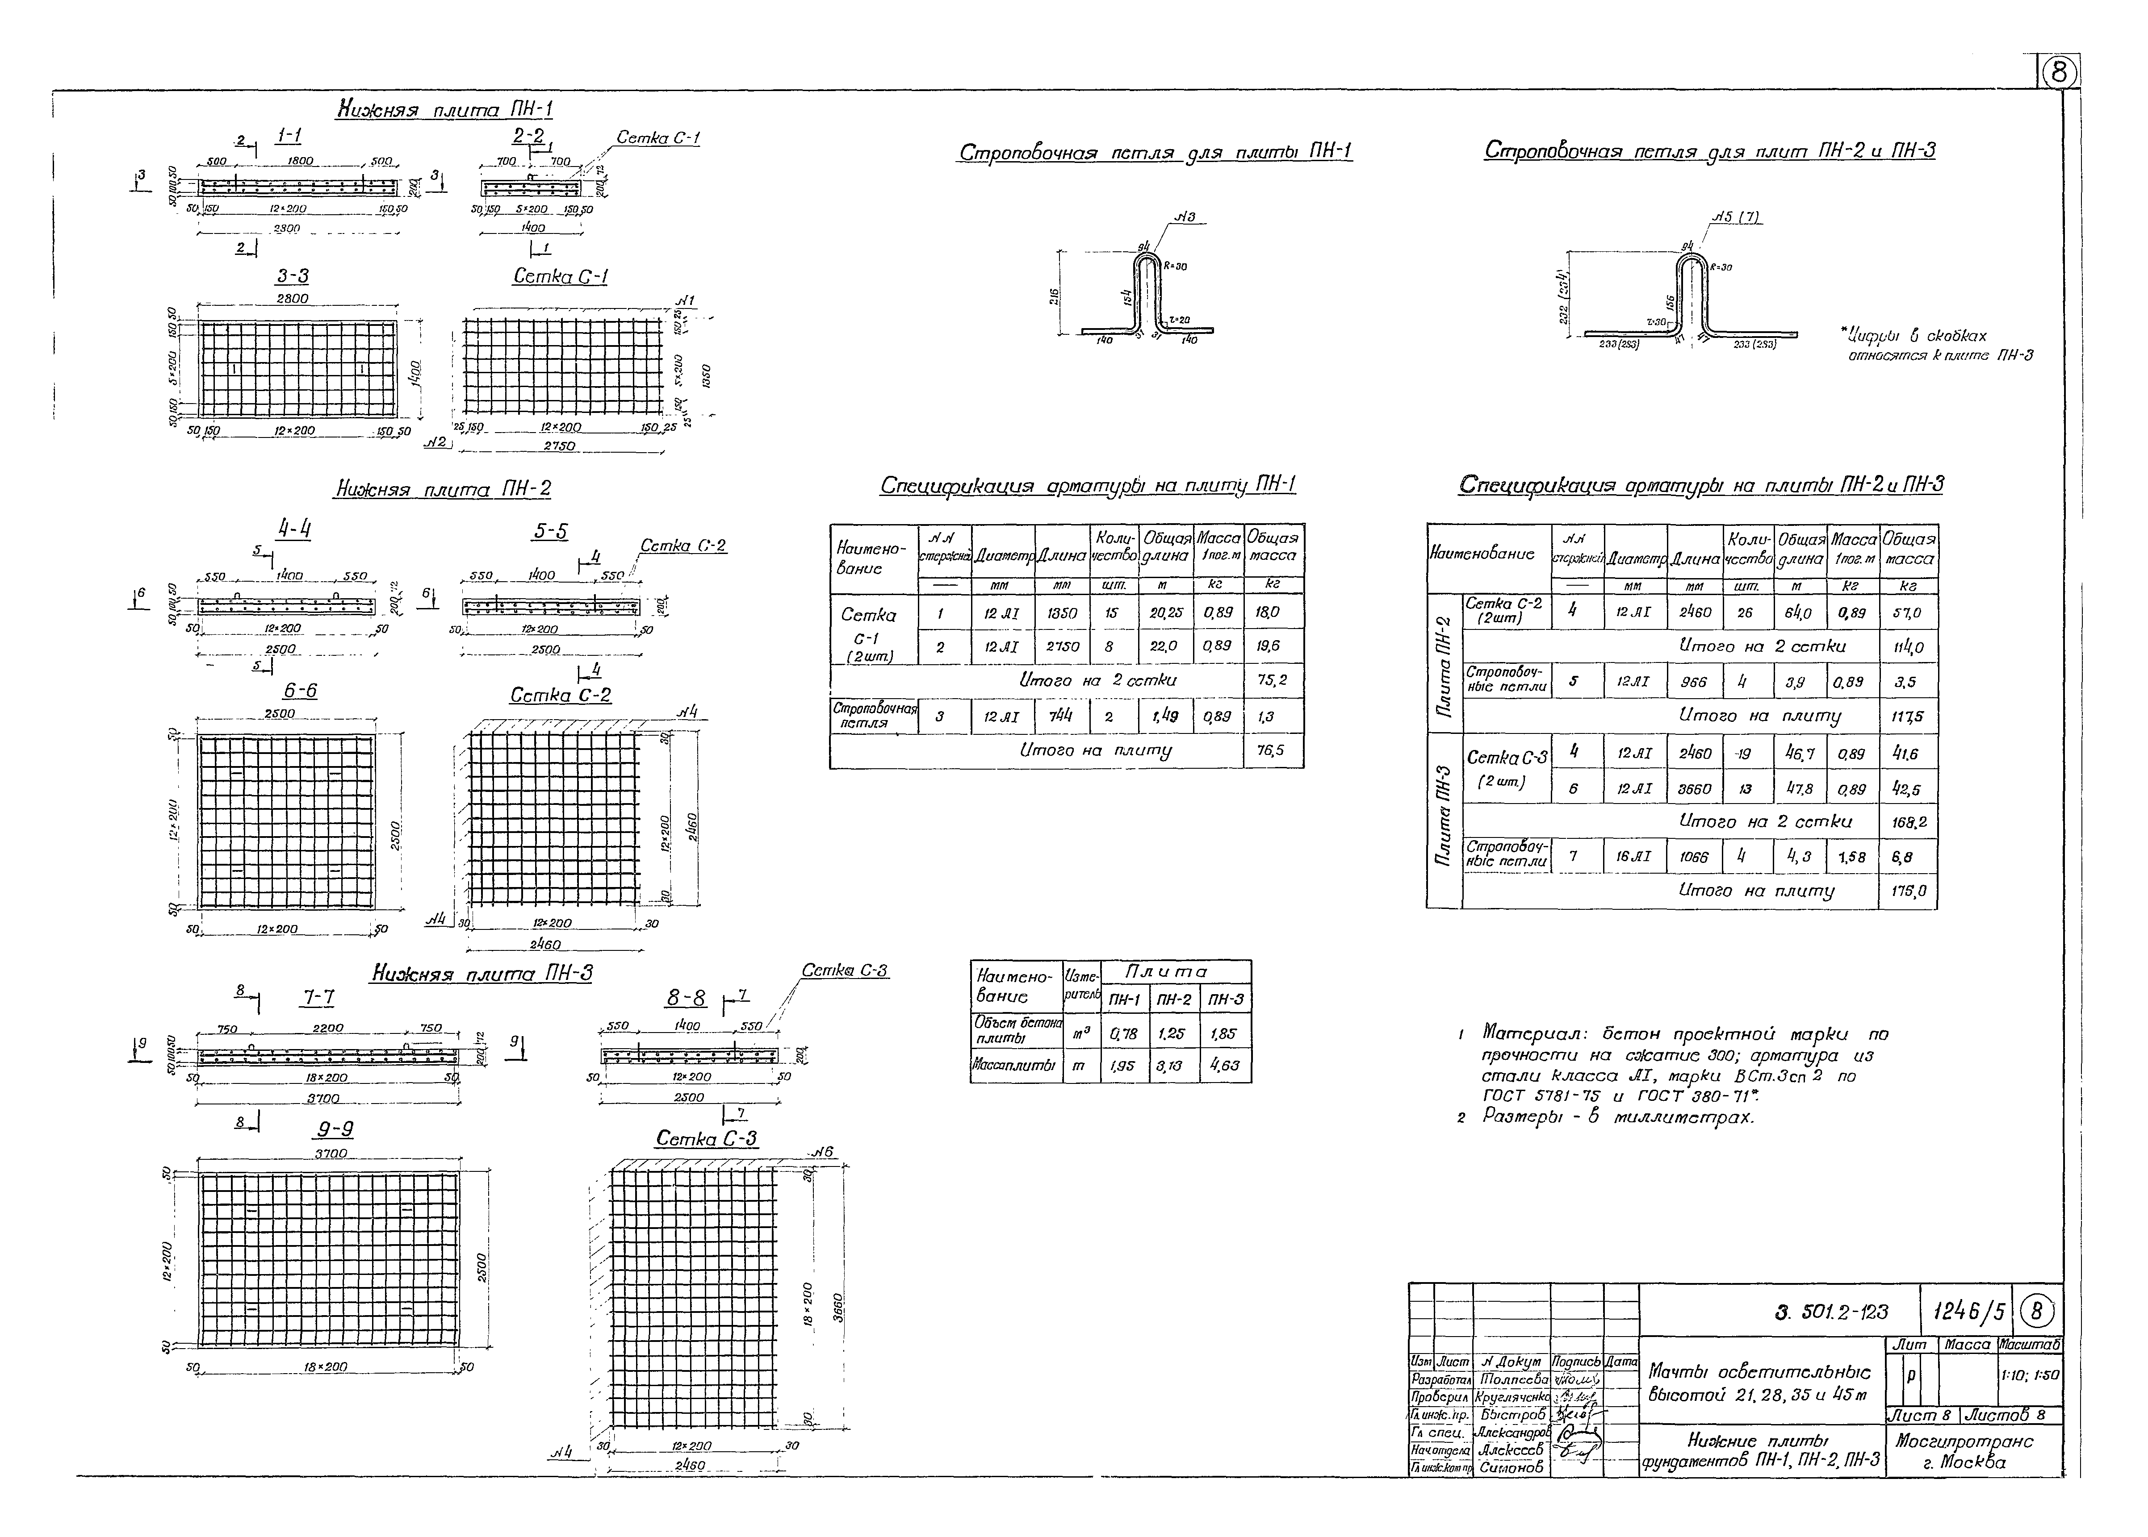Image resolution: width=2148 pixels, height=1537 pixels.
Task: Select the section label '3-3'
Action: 292,276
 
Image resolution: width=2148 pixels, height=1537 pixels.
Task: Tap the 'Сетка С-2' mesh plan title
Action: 561,696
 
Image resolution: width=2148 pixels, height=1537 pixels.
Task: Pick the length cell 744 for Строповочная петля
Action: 1060,716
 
